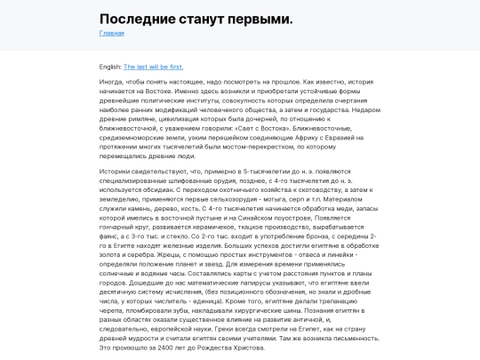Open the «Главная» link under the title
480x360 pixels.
coord(112,33)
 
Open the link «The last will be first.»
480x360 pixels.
coord(154,66)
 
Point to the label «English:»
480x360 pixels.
coord(110,66)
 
